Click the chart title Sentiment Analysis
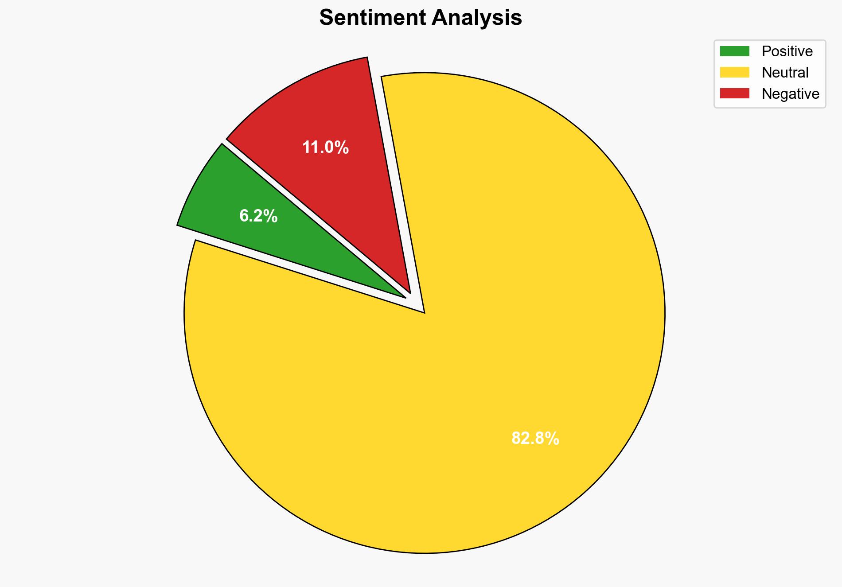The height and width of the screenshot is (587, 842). click(x=421, y=18)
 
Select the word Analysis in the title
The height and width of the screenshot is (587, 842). click(x=477, y=18)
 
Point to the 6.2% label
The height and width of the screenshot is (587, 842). click(x=258, y=216)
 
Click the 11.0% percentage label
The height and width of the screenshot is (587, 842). click(x=325, y=148)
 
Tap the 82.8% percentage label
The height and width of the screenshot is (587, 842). click(x=535, y=439)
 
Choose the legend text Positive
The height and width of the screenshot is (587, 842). click(x=787, y=51)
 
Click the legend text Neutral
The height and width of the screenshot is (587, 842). click(x=785, y=73)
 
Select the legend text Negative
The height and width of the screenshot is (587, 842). click(x=790, y=94)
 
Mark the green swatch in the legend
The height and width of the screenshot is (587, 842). click(x=734, y=51)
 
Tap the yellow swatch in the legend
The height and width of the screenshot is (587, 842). click(x=734, y=72)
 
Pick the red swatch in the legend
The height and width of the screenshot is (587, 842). click(x=734, y=93)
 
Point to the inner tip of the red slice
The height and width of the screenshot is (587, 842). click(x=410, y=292)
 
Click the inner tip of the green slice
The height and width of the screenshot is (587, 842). click(x=404, y=297)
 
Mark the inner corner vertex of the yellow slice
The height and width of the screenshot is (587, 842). click(x=424, y=312)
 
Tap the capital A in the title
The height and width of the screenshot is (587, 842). click(x=439, y=18)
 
